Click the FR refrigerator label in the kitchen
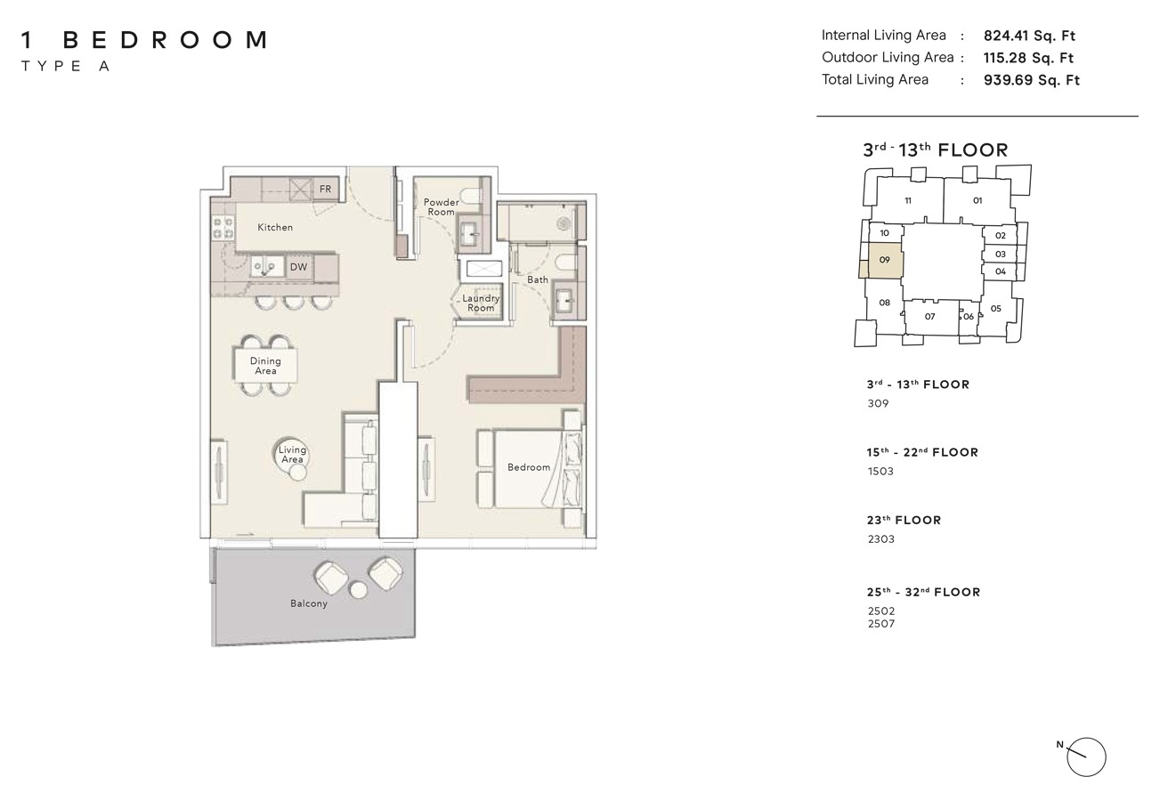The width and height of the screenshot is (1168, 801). [326, 190]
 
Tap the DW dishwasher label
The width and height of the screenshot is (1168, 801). [298, 267]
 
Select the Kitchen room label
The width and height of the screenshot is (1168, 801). [275, 228]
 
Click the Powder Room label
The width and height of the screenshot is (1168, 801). [441, 207]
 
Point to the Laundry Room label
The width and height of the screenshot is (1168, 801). [481, 303]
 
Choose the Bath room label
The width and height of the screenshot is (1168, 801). [538, 279]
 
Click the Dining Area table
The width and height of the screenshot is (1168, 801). [265, 365]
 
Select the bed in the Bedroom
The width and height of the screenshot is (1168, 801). [529, 468]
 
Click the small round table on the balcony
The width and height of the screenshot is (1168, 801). [359, 589]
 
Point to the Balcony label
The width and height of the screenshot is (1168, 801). [309, 603]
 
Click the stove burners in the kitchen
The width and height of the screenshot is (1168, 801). [223, 228]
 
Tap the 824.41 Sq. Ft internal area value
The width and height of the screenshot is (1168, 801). [1029, 36]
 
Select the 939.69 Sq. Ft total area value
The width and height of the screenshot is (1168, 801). [1031, 80]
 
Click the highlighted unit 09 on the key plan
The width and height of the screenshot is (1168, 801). [884, 261]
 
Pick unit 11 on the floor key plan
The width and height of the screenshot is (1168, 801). [908, 201]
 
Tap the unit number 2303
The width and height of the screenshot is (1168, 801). [880, 539]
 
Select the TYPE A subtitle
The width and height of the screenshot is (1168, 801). [65, 67]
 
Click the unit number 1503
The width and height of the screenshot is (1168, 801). [880, 472]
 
